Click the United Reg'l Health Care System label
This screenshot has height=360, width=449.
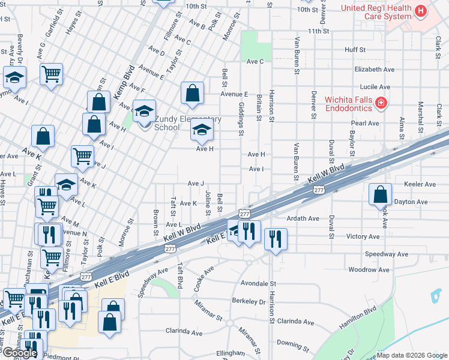click(x=376, y=12)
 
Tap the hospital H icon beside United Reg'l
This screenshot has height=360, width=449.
click(x=421, y=10)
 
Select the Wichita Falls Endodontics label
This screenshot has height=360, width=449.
click(x=348, y=104)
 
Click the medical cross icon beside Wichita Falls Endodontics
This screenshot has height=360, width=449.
click(x=381, y=104)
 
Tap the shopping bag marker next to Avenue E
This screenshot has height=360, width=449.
click(x=192, y=93)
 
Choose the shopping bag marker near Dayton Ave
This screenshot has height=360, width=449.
click(x=380, y=194)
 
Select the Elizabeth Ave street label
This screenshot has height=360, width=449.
click(x=374, y=70)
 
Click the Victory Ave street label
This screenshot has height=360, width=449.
click(x=363, y=236)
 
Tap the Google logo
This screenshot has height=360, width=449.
click(x=19, y=353)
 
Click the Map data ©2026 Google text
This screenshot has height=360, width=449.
click(x=412, y=355)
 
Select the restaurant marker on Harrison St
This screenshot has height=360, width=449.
click(x=276, y=239)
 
